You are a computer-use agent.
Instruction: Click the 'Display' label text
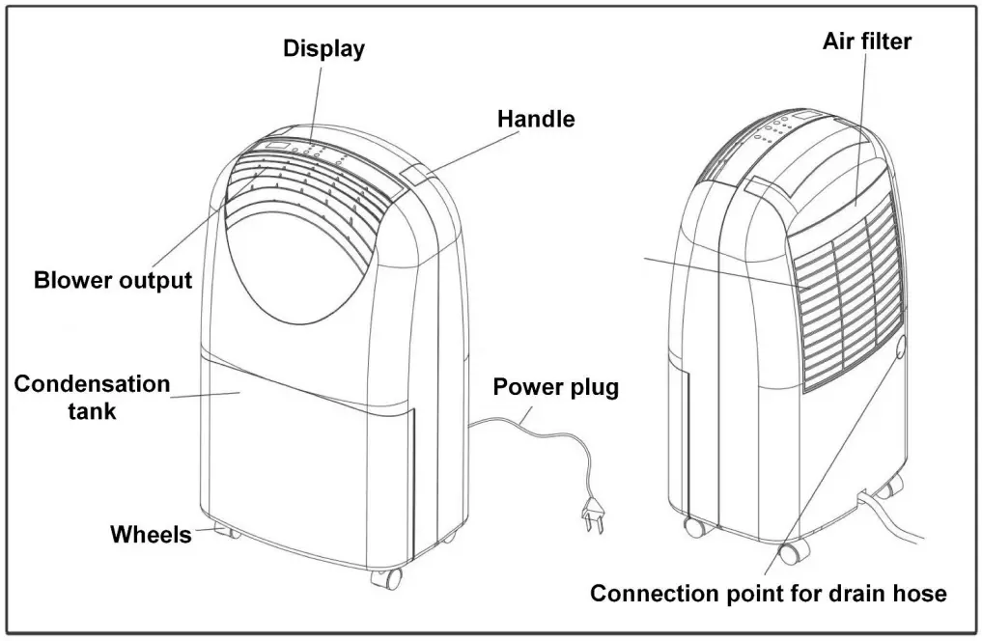323,49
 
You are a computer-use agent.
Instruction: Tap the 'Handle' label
536,120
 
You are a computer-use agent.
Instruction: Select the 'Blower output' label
113,281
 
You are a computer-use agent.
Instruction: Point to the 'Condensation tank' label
92,397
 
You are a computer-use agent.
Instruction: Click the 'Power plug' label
555,388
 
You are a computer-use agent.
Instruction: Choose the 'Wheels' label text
151,534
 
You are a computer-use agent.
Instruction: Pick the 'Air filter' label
867,42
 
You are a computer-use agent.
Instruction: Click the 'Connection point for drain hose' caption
768,593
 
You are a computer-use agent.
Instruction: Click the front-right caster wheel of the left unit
385,578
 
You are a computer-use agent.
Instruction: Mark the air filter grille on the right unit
850,290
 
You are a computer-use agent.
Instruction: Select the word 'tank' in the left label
92,410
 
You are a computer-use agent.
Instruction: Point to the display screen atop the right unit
806,117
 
